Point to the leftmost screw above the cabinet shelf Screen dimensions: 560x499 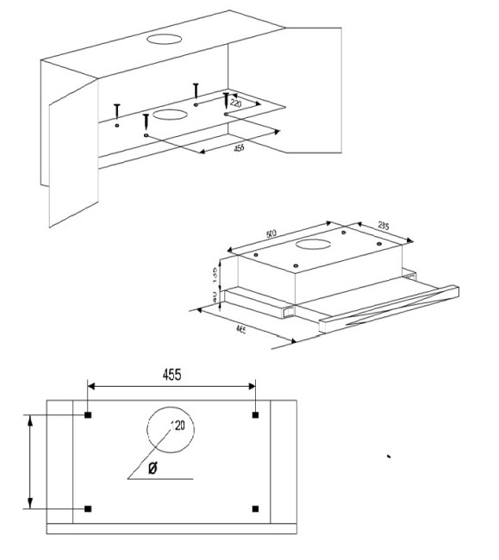coord(116,110)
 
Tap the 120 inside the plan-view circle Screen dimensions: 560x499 coord(178,425)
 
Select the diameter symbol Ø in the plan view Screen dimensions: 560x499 coord(153,468)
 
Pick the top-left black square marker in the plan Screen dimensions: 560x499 coord(89,416)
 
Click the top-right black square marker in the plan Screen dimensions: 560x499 coord(255,416)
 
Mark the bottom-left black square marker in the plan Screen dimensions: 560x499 coord(89,508)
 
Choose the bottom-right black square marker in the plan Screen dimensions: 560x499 coord(255,508)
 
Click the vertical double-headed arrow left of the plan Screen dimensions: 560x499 coord(31,462)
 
